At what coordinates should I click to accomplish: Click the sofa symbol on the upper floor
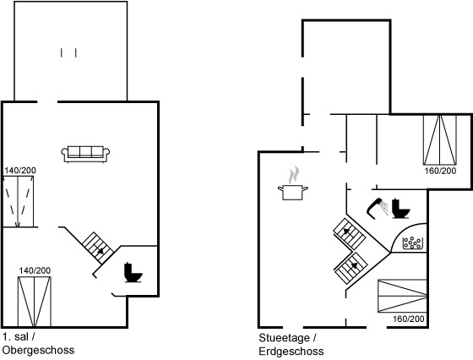(85, 154)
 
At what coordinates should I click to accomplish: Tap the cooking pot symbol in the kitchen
(292, 193)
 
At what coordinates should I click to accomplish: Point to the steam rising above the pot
(293, 175)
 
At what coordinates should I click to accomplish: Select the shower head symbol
(377, 208)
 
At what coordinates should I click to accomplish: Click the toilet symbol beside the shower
(400, 209)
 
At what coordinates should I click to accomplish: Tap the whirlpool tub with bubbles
(413, 243)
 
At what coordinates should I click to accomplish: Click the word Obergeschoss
(38, 351)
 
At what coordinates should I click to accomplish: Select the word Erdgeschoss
(291, 352)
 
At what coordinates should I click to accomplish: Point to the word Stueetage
(284, 338)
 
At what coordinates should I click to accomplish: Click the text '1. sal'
(16, 337)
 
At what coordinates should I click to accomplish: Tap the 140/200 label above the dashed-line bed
(20, 171)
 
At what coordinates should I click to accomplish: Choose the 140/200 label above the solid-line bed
(35, 270)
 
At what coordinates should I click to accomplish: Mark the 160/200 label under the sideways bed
(409, 319)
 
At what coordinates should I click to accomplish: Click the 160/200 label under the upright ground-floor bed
(440, 171)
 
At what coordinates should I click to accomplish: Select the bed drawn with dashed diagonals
(18, 201)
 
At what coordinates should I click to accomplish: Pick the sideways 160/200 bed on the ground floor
(402, 296)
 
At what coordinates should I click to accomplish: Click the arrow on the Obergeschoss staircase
(100, 250)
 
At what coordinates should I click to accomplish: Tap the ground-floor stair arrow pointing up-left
(347, 232)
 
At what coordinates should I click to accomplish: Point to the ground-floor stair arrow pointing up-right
(354, 266)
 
